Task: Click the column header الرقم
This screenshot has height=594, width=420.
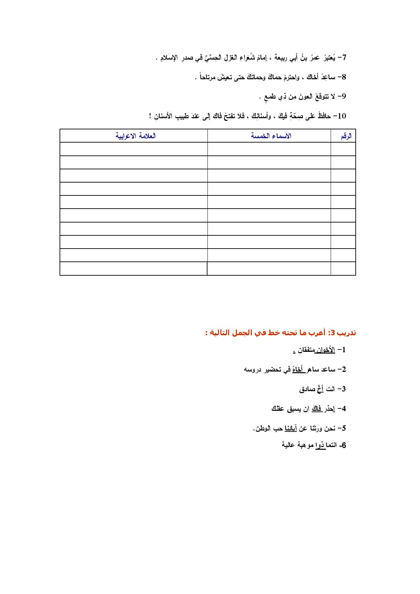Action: (x=346, y=136)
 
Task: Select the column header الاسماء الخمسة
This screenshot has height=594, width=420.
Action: (x=271, y=136)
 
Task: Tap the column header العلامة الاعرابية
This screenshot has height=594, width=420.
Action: (x=136, y=136)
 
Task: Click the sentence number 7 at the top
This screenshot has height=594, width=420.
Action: (x=344, y=58)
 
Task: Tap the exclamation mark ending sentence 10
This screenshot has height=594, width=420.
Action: (x=150, y=116)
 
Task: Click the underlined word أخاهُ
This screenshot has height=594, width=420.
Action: (x=298, y=369)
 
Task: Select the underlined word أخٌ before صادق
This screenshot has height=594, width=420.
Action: (x=320, y=389)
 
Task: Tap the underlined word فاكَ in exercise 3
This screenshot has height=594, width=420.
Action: (x=316, y=409)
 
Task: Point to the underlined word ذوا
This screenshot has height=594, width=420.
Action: (x=320, y=445)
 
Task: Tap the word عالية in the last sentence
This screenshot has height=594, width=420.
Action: (x=288, y=445)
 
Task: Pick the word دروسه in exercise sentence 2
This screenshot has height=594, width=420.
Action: (x=252, y=369)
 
